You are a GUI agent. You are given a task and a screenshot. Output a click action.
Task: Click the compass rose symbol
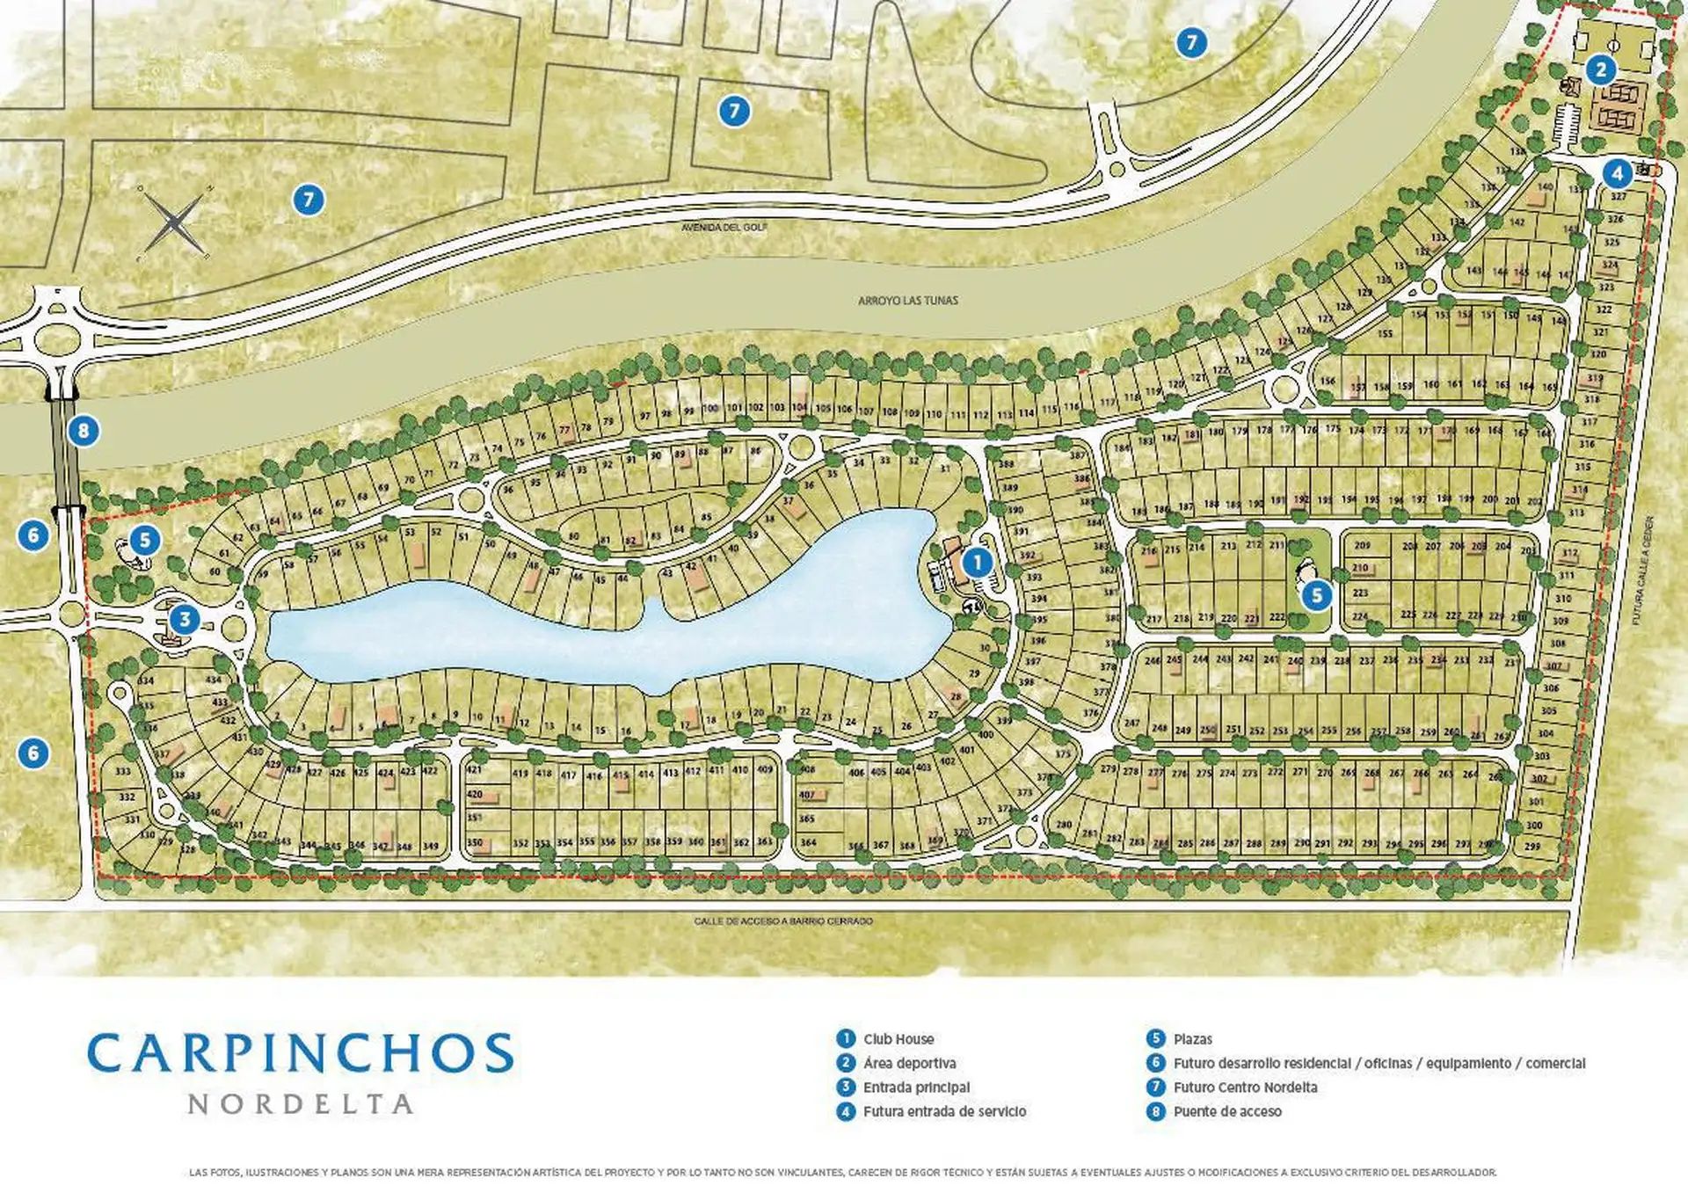pos(174,222)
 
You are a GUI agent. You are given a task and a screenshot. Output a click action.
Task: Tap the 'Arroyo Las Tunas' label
pos(907,301)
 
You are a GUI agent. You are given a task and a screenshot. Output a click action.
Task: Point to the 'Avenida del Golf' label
pos(724,228)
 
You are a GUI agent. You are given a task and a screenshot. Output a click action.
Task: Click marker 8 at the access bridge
pos(84,431)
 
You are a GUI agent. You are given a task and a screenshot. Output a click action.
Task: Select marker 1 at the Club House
pos(977,562)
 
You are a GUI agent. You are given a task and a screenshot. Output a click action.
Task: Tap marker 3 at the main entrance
pos(185,619)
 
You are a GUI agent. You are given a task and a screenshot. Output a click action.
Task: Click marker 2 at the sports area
pos(1600,69)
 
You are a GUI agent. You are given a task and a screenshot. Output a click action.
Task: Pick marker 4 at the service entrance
pos(1617,173)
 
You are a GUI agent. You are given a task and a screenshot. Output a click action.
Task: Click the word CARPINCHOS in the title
pos(301,1053)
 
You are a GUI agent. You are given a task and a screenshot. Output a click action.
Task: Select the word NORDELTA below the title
pos(301,1104)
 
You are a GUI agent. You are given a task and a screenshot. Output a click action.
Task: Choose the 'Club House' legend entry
pos(898,1039)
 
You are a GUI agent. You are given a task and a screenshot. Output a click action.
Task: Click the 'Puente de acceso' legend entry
pos(1226,1112)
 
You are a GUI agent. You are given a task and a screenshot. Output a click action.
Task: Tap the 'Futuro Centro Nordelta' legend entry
pos(1244,1088)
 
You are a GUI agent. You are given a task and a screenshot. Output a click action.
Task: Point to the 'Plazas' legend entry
pos(1192,1039)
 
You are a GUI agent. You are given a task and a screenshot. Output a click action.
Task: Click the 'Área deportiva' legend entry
pos(909,1064)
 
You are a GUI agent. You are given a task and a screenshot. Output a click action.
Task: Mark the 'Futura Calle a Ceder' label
pos(1642,570)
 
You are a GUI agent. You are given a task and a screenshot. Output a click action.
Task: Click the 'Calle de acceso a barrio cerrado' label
pos(783,921)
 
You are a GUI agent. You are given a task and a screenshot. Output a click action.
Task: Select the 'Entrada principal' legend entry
pos(916,1088)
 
